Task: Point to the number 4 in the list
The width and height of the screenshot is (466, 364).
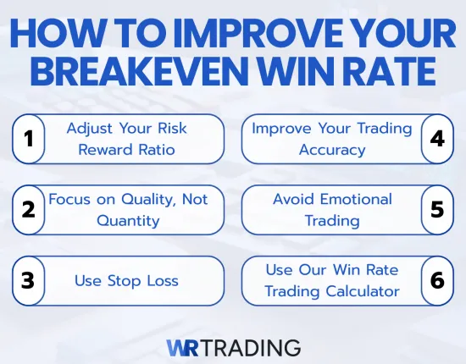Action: [437, 139]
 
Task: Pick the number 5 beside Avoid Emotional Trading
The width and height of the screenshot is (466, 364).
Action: [437, 210]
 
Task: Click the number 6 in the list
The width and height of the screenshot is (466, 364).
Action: [437, 280]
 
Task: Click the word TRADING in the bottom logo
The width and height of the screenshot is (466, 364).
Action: [253, 346]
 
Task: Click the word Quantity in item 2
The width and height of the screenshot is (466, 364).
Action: [127, 220]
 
